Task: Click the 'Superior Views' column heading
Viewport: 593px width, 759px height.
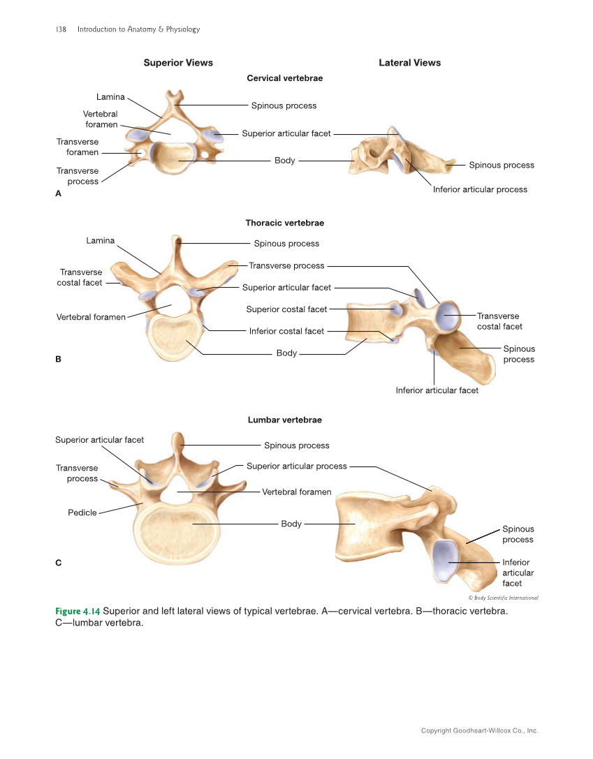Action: (178, 63)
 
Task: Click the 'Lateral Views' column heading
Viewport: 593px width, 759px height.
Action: (409, 63)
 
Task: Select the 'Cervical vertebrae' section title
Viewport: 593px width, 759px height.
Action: (285, 78)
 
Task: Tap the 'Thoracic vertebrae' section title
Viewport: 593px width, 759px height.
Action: (284, 223)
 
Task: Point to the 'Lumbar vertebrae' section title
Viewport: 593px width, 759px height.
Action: (284, 420)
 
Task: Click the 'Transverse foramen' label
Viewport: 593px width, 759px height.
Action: (78, 147)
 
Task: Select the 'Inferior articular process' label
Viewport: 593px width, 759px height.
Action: (480, 189)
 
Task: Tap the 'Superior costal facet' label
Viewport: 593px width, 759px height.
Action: (286, 309)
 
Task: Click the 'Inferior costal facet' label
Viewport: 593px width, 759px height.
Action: (286, 331)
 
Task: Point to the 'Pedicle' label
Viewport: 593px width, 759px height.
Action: (82, 513)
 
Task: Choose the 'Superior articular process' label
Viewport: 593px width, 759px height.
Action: (296, 466)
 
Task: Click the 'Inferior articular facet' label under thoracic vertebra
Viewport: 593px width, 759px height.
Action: (437, 391)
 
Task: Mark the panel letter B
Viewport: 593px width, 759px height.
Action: (58, 359)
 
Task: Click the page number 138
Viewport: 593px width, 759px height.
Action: (60, 29)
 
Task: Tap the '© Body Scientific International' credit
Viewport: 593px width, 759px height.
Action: (503, 598)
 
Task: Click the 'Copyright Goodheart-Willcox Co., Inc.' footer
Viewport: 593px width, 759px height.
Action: (479, 731)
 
